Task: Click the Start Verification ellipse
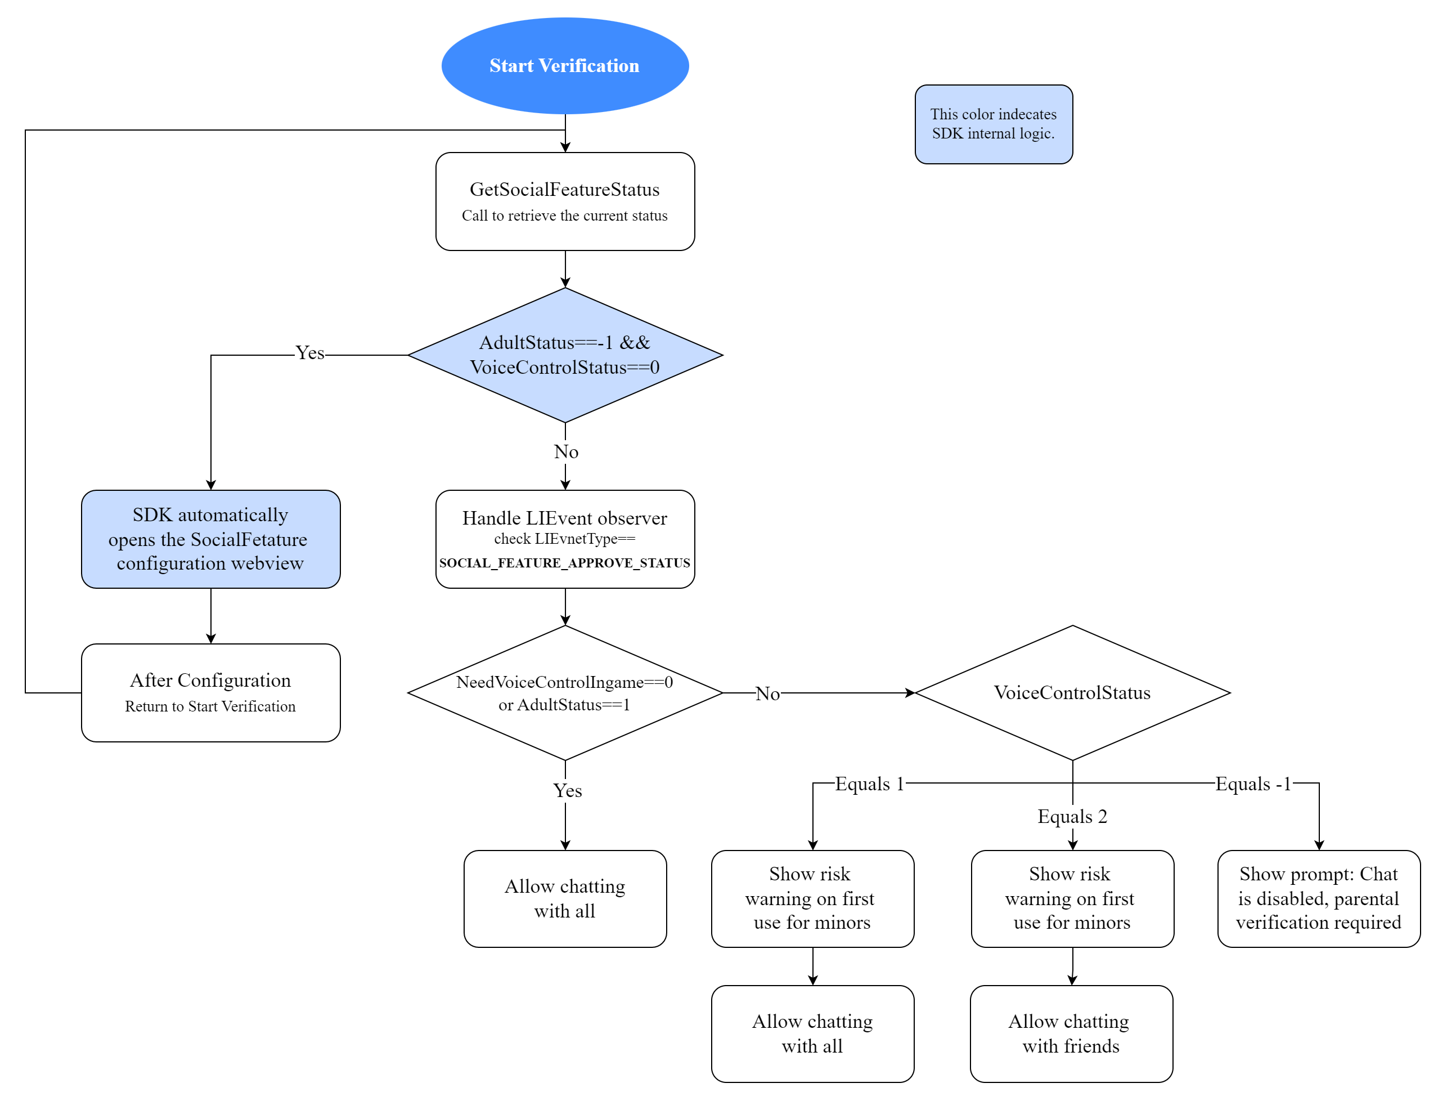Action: pos(564,65)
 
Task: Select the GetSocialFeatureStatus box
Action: pos(564,200)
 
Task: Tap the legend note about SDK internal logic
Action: pos(992,124)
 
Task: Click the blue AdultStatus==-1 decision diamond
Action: pos(564,355)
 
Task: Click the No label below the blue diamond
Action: pos(565,451)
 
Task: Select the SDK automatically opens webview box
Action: pos(210,539)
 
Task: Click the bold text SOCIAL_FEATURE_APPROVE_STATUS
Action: pos(564,563)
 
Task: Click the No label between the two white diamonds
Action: pos(767,693)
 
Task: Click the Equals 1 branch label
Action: pos(869,784)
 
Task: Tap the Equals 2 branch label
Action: pos(1072,817)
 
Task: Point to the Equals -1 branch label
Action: pos(1252,784)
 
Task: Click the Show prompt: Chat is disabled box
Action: pos(1318,898)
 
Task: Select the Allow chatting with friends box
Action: pos(1071,1033)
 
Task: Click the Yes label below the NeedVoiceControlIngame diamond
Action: pos(567,790)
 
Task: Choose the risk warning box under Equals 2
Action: pos(1072,898)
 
